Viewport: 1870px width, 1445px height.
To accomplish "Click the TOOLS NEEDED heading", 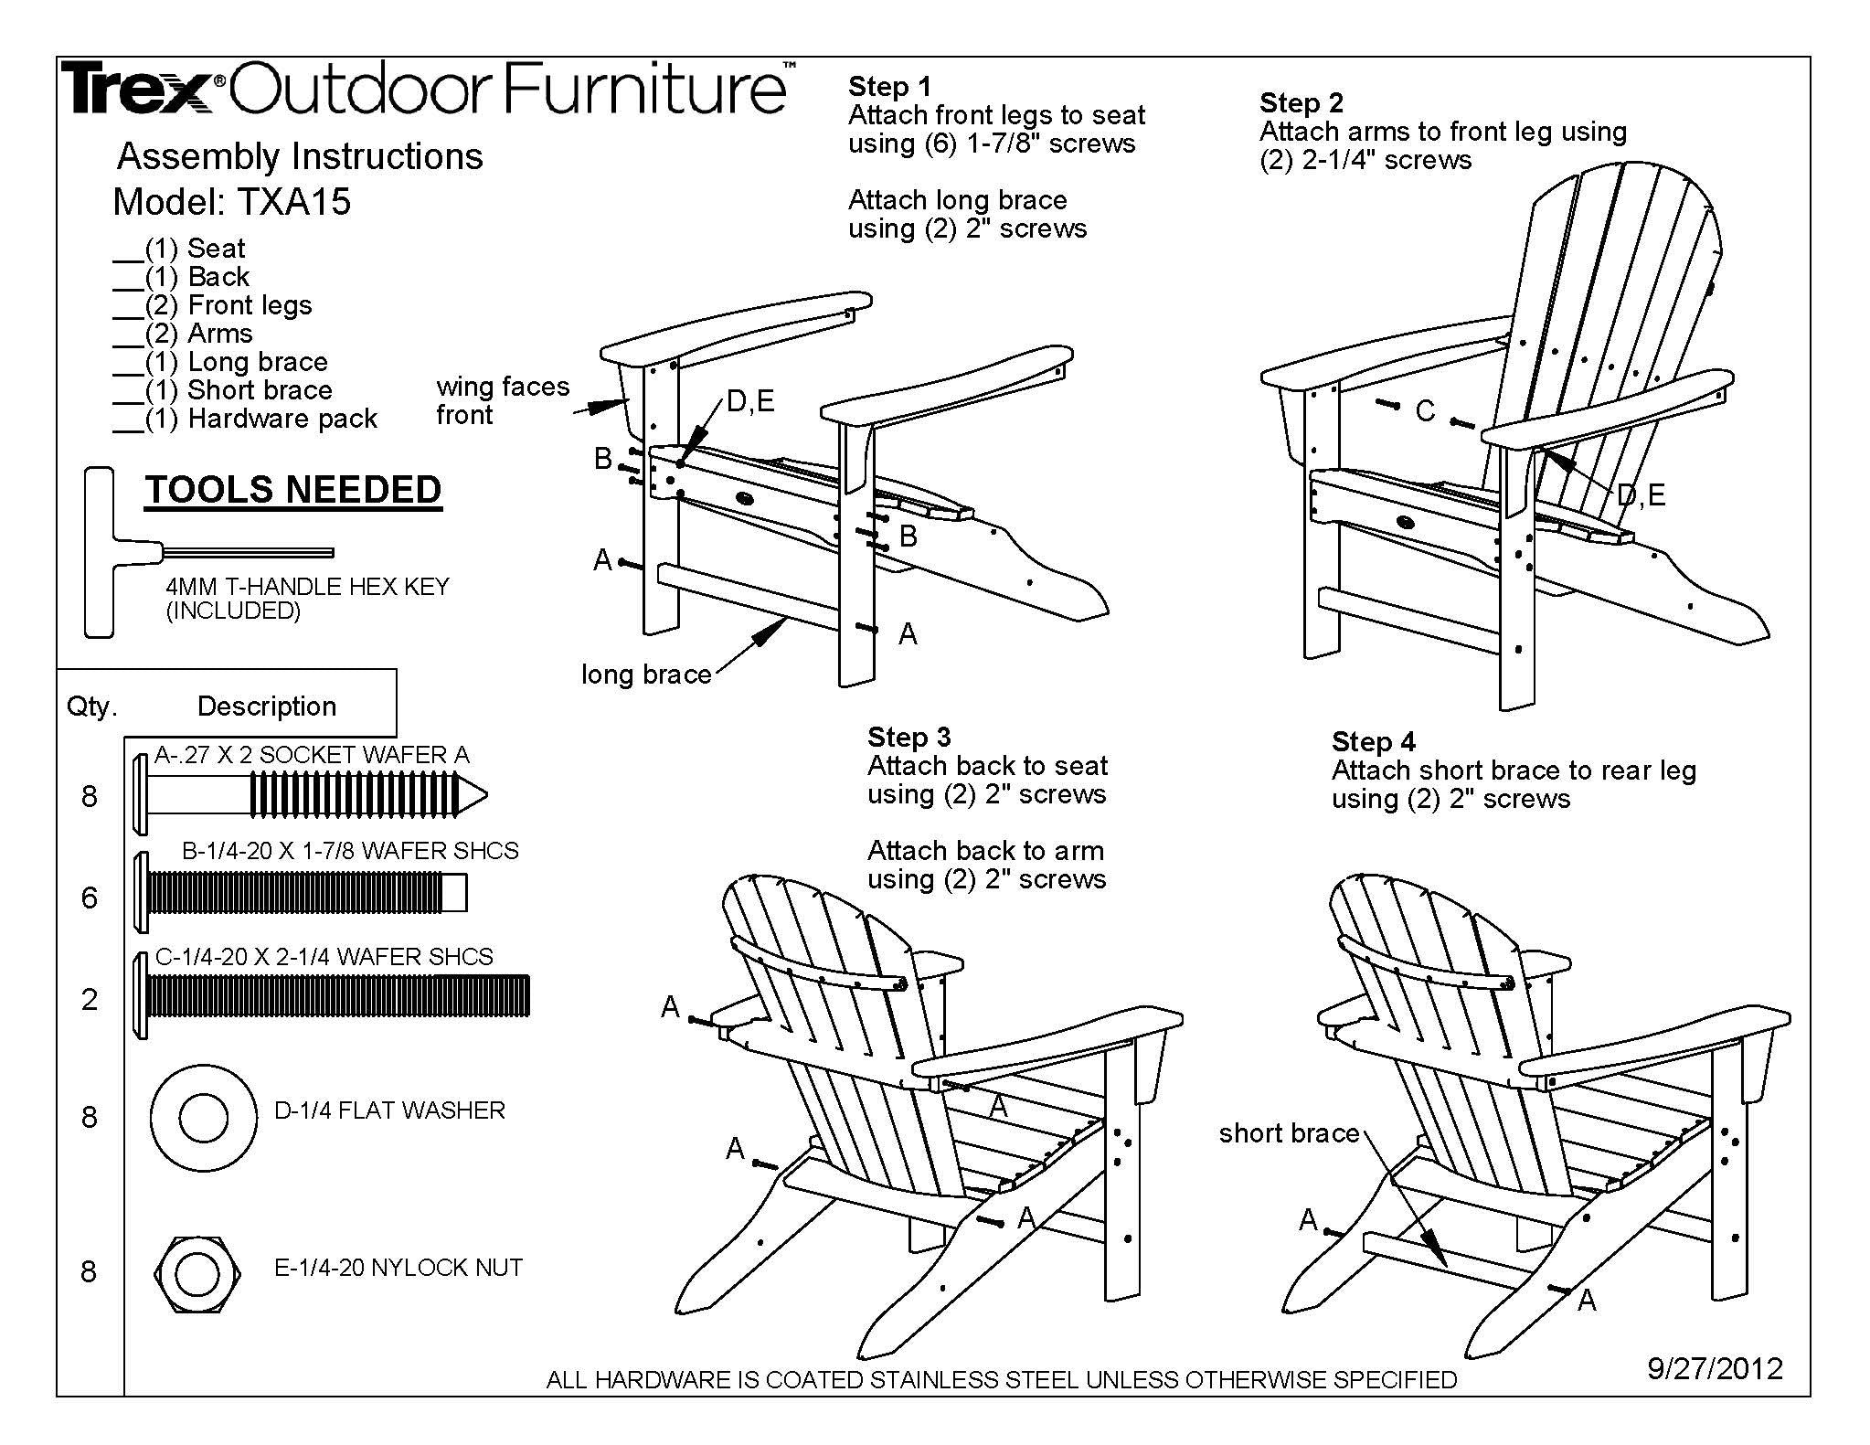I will [292, 490].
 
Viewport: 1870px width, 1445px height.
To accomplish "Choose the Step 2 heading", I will [1301, 102].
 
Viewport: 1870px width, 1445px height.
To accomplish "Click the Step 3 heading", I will [908, 737].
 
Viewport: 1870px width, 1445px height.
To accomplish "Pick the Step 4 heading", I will [1373, 741].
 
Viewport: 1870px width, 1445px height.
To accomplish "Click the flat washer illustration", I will [203, 1117].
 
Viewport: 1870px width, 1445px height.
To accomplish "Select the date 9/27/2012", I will [1715, 1368].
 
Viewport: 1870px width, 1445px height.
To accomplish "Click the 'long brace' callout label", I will [646, 675].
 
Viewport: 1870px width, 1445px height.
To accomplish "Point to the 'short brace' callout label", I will [1289, 1133].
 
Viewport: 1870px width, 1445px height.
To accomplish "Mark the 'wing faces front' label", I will [502, 400].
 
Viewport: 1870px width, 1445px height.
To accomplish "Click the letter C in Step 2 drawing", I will [1425, 412].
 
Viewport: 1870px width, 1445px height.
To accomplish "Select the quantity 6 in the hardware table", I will [89, 898].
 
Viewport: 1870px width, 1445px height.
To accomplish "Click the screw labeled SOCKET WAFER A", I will [311, 795].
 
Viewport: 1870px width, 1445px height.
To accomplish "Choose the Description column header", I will [267, 706].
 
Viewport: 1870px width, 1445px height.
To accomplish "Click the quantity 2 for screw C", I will [89, 999].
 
